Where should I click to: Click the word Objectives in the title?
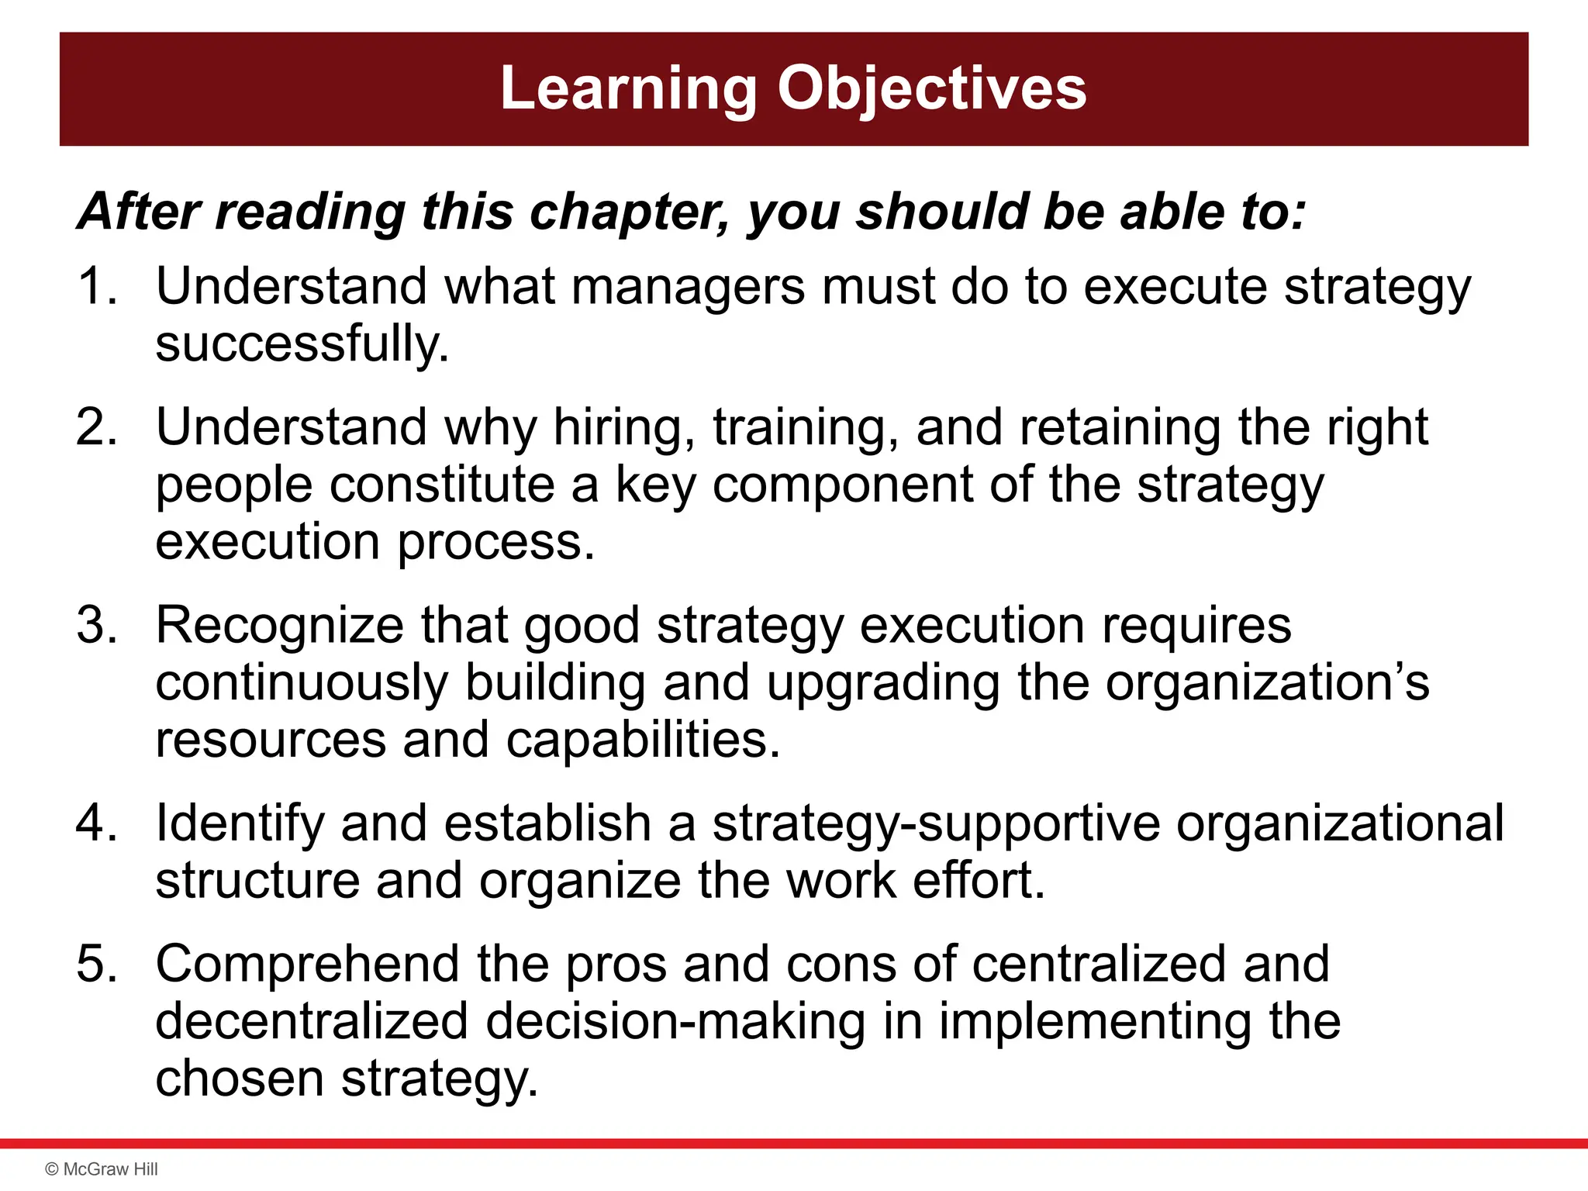[x=931, y=89]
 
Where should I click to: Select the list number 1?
[x=96, y=286]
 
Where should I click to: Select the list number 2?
[x=96, y=427]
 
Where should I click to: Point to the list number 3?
[x=96, y=625]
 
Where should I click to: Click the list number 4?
[x=96, y=823]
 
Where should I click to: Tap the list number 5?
[x=96, y=964]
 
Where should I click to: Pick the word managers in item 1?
[x=689, y=286]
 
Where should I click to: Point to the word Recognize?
[x=279, y=625]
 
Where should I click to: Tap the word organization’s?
[x=1267, y=682]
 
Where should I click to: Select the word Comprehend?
[x=308, y=965]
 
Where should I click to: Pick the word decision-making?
[x=675, y=1022]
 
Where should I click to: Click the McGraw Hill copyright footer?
[x=102, y=1169]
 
